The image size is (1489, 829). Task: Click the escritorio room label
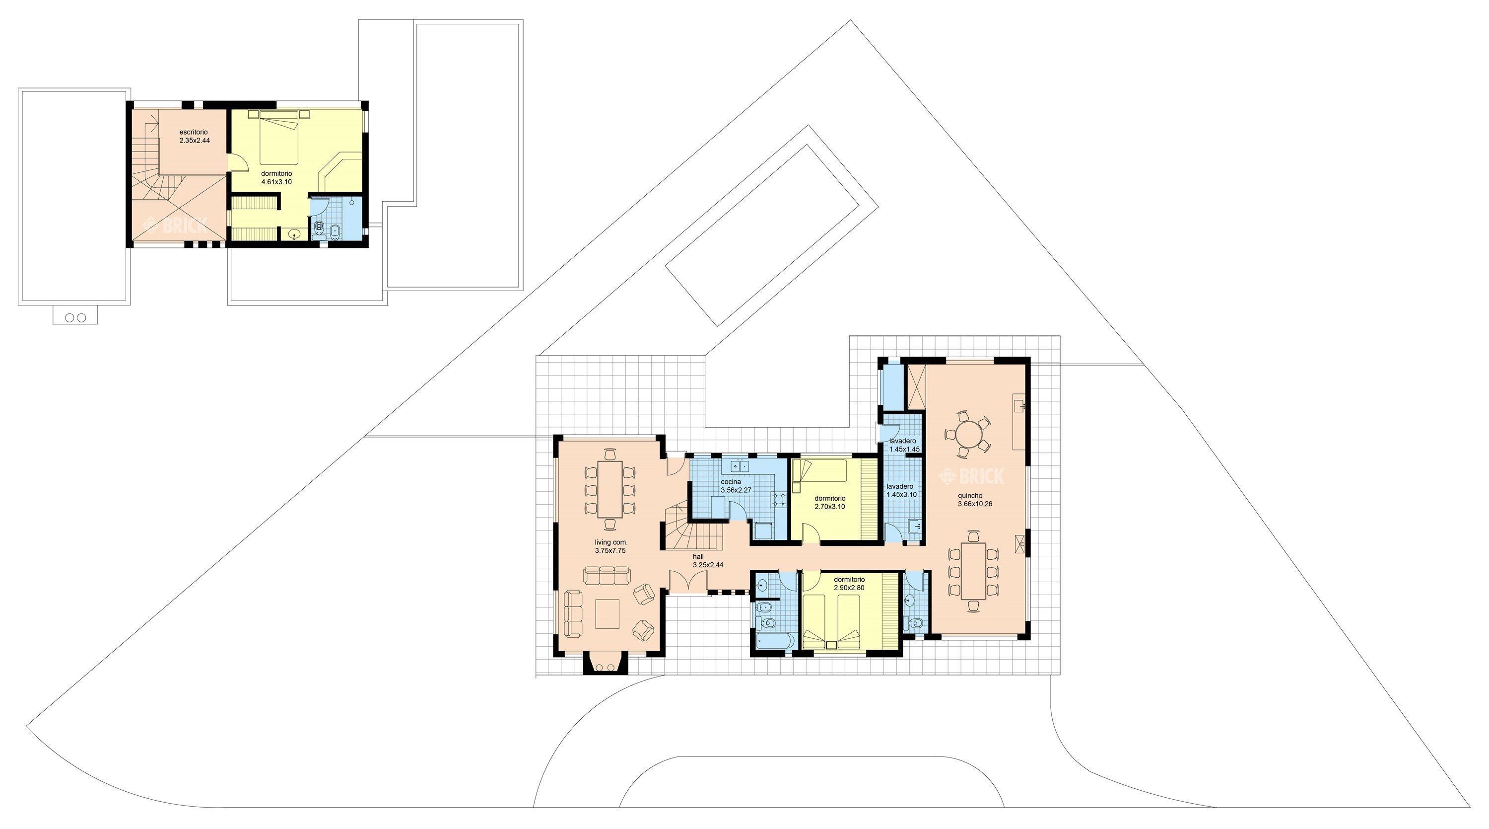(194, 133)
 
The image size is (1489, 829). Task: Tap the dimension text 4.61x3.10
(276, 182)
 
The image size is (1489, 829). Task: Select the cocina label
(731, 482)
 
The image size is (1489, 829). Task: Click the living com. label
(611, 542)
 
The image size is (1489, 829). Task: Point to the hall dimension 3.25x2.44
(708, 565)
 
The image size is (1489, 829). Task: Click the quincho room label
(970, 496)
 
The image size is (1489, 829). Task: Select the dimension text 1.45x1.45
(905, 449)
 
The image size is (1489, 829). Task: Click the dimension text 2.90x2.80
(849, 588)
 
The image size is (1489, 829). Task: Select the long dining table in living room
(610, 489)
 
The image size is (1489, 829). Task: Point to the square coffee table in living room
(608, 614)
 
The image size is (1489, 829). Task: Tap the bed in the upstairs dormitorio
(278, 138)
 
